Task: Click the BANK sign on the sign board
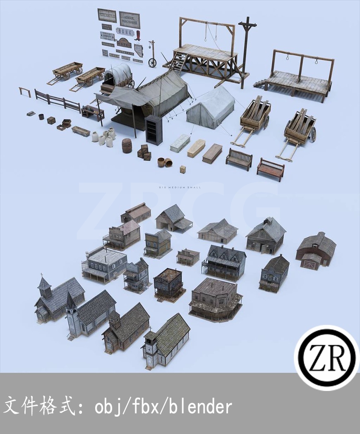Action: pyautogui.click(x=122, y=31)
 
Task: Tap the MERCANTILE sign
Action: pyautogui.click(x=107, y=15)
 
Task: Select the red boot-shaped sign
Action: pyautogui.click(x=138, y=35)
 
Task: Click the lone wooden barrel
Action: pyautogui.click(x=127, y=145)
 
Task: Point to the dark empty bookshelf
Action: pyautogui.click(x=154, y=129)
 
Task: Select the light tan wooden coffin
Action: pyautogui.click(x=196, y=148)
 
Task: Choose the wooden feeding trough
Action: pyautogui.click(x=80, y=131)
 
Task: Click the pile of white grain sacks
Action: pyautogui.click(x=104, y=137)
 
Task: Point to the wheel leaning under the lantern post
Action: pyautogui.click(x=152, y=62)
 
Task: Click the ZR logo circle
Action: pyautogui.click(x=326, y=358)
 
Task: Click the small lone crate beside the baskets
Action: pyautogui.click(x=182, y=169)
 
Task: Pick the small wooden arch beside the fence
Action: pyautogui.click(x=25, y=92)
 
